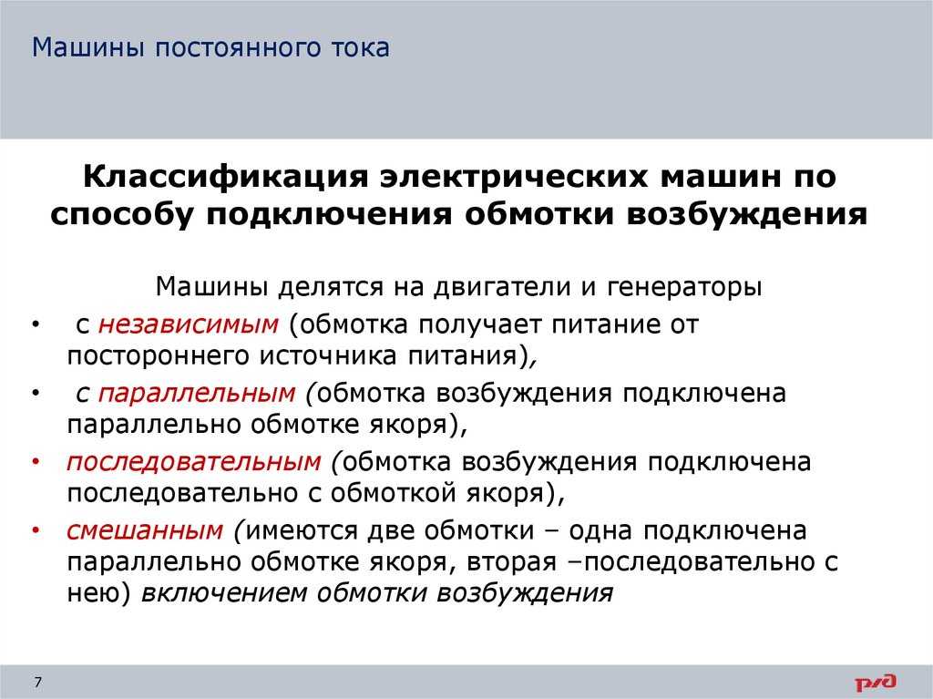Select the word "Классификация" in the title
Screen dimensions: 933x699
226,177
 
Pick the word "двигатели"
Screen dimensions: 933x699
502,287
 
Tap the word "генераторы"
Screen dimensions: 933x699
684,288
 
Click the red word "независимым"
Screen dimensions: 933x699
188,324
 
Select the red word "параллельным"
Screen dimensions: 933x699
197,394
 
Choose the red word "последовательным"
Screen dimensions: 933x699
194,462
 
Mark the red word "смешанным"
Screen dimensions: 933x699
145,530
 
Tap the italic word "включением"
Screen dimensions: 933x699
224,593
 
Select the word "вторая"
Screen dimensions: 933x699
512,562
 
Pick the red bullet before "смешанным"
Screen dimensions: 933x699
36,530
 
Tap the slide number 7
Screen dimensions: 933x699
38,682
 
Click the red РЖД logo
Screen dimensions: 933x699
876,683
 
